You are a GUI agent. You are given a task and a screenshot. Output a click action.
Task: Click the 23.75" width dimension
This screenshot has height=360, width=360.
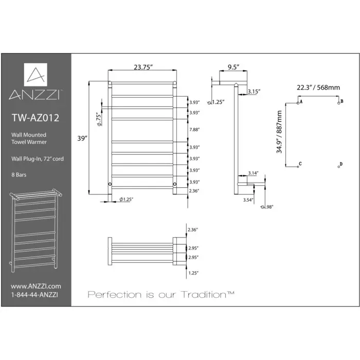click(x=141, y=66)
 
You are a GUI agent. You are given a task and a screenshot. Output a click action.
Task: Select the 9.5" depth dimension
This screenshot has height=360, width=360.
click(x=232, y=66)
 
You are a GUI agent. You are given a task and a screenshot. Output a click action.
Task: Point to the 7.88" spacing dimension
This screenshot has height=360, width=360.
click(x=194, y=130)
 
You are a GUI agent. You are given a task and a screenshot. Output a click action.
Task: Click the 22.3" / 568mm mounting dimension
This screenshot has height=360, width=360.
click(x=318, y=87)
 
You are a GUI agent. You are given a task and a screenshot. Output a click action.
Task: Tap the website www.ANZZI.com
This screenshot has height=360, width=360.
click(x=35, y=286)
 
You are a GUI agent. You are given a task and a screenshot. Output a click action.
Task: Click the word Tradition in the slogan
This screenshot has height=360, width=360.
click(x=207, y=295)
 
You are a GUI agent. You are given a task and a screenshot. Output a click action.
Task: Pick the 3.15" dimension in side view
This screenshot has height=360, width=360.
click(x=253, y=92)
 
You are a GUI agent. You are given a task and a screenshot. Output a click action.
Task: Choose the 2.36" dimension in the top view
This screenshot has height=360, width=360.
click(x=193, y=229)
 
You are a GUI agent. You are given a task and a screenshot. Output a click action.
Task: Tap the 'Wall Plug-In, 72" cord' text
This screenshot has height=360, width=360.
click(x=38, y=159)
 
